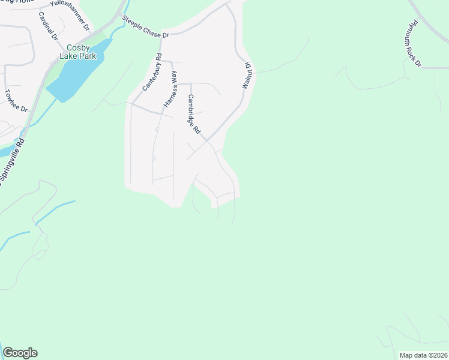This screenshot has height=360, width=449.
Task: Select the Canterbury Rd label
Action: coord(152,73)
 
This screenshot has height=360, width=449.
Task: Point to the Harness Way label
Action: coord(170,89)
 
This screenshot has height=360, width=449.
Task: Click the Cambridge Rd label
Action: coord(193,114)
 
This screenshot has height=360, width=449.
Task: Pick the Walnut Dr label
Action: coord(246,74)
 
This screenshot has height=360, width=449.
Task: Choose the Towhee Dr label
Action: coord(16,101)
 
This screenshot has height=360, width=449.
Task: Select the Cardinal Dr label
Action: coord(47,26)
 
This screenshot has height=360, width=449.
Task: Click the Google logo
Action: coord(20,353)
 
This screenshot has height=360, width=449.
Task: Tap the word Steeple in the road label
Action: coord(133,23)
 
